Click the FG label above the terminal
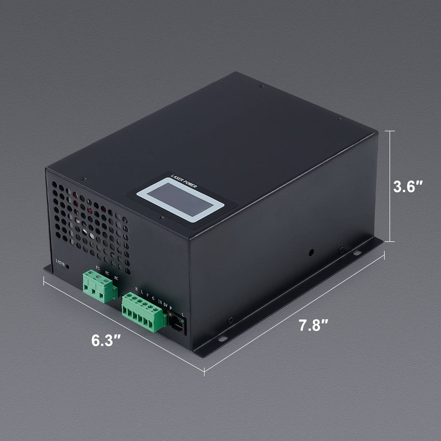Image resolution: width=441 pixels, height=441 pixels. [x=97, y=268]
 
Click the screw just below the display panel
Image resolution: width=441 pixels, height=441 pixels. [x=159, y=218]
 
